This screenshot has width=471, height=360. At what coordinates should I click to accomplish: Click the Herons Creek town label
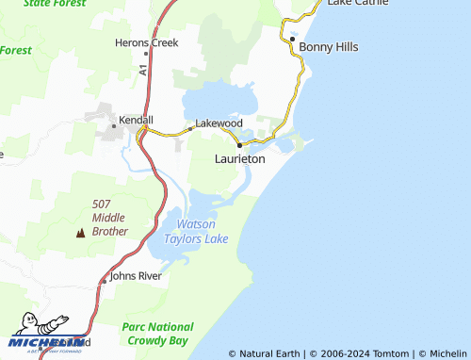(x=146, y=42)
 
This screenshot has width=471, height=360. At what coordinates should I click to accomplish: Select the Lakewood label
(x=219, y=123)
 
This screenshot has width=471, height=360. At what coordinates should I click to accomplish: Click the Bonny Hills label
(x=328, y=46)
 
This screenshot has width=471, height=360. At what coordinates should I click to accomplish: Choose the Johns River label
(x=137, y=276)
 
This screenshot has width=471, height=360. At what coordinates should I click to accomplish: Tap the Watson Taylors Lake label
(x=197, y=232)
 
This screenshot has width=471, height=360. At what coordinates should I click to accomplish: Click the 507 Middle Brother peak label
(x=109, y=218)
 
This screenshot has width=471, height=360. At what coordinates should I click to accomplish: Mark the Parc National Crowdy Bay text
(x=155, y=333)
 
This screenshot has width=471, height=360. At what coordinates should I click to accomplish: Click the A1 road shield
(x=143, y=70)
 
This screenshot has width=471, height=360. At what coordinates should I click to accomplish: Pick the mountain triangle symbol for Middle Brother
(x=79, y=231)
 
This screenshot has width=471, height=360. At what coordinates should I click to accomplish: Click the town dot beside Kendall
(x=114, y=124)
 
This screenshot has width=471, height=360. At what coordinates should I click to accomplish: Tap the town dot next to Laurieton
(x=240, y=145)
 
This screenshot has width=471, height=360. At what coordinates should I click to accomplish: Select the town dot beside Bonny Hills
(x=292, y=40)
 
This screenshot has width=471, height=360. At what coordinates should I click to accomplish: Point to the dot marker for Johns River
(x=104, y=280)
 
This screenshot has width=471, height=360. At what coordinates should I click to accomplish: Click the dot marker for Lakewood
(x=189, y=128)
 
